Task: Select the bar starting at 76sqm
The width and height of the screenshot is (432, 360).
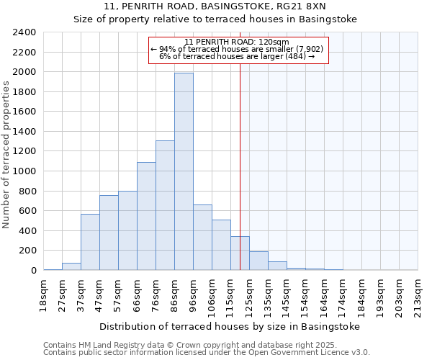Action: (165, 205)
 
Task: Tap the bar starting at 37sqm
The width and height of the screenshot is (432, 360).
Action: (90, 242)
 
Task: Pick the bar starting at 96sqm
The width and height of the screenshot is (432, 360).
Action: (202, 238)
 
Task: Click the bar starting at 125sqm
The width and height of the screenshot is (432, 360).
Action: (258, 261)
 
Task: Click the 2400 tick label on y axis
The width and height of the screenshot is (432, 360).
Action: (24, 32)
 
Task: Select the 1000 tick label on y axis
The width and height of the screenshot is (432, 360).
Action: (24, 171)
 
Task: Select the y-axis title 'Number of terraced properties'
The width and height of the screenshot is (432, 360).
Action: (6, 154)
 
